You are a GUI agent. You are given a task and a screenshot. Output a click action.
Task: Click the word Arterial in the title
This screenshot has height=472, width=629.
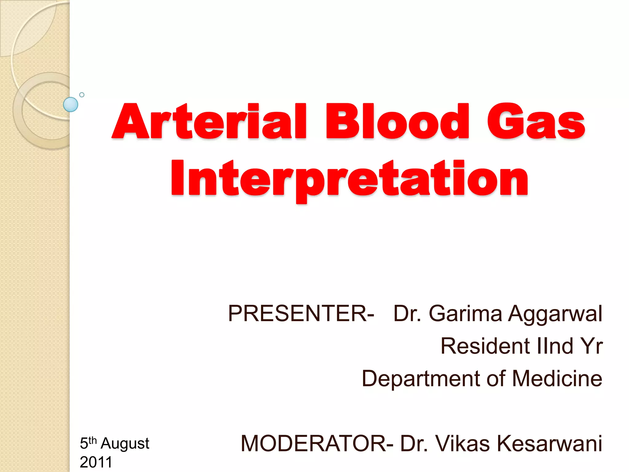tap(209, 121)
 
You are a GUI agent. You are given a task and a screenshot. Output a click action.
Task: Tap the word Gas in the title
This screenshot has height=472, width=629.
tap(536, 121)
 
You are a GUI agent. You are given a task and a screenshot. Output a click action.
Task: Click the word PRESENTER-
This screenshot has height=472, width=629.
tap(301, 313)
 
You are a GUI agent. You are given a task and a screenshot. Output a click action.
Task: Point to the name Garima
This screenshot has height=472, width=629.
tap(465, 313)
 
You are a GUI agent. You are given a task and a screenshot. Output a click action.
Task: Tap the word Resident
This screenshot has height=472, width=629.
tap(486, 346)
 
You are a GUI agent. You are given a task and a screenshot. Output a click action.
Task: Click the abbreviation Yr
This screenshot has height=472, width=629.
tap(592, 346)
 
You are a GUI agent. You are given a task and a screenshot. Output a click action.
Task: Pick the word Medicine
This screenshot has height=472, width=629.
tap(557, 378)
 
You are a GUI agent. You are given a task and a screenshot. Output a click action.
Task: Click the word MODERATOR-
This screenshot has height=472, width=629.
tap(317, 443)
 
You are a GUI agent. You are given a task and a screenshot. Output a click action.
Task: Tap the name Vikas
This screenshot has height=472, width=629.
tap(463, 443)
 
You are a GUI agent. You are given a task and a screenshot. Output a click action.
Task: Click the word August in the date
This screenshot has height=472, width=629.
tap(125, 443)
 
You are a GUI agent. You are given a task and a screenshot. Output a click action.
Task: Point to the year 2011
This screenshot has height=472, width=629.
tap(96, 462)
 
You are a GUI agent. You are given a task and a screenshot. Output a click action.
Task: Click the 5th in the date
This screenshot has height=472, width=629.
tap(88, 443)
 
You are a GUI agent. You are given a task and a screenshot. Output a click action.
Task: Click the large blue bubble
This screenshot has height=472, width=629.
tap(71, 104)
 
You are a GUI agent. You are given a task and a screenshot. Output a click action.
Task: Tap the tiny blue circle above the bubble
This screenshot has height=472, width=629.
tap(82, 95)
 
